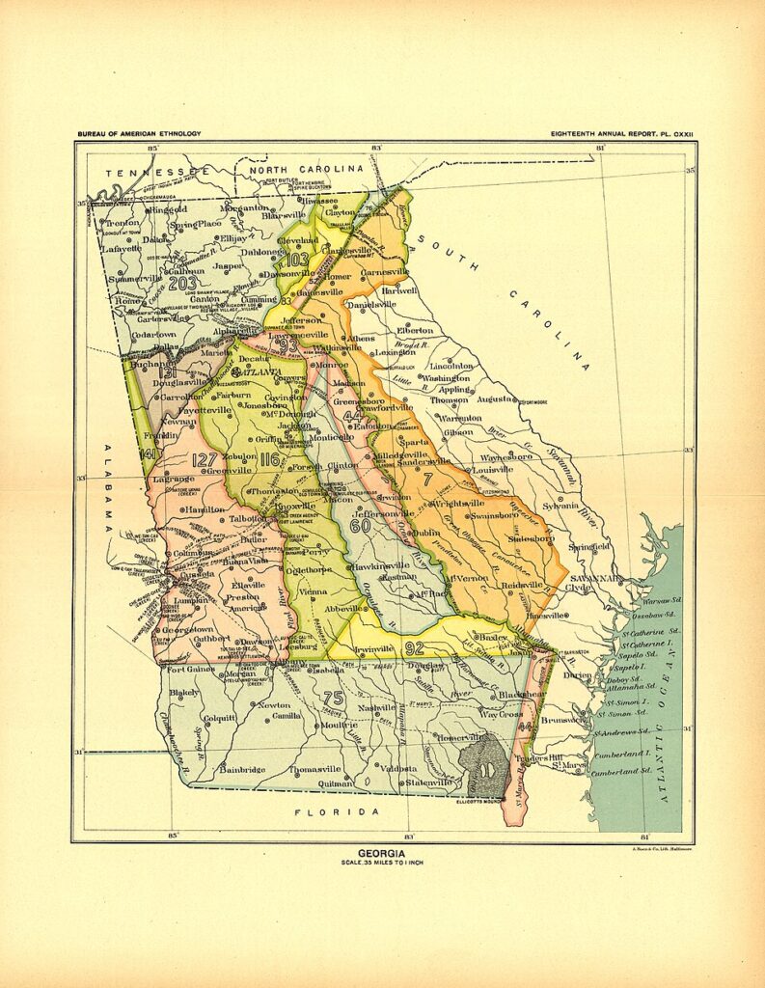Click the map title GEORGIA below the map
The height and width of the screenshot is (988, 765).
(x=381, y=852)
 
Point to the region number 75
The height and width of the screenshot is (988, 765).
(x=334, y=699)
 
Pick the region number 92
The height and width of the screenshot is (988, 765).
(x=415, y=647)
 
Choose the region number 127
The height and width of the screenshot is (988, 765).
(x=205, y=459)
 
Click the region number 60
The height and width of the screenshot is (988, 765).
(x=360, y=526)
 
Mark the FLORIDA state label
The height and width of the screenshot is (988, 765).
(x=337, y=811)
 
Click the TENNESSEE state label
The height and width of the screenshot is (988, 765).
(x=156, y=171)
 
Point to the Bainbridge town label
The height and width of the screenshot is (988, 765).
(x=243, y=769)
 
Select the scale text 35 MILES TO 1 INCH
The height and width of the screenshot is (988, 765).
(x=381, y=862)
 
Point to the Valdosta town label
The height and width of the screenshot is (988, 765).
(x=397, y=768)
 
